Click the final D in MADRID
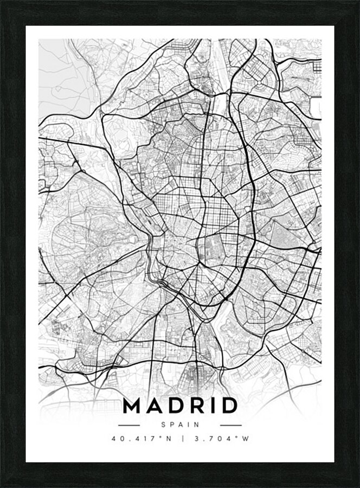228,406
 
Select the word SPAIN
180,425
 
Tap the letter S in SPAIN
163,425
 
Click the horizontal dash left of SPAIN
129,425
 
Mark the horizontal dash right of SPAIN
231,425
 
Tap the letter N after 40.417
169,439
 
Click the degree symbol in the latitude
161,438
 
